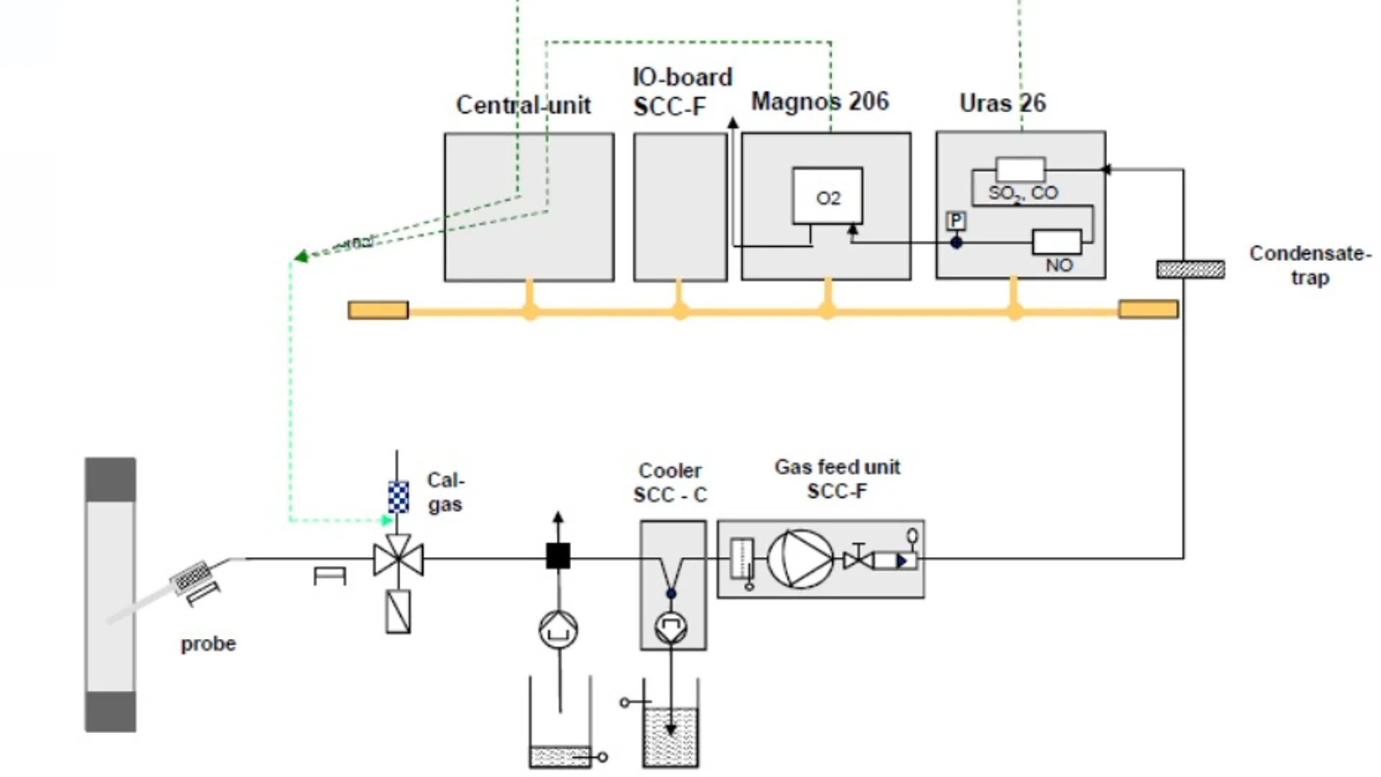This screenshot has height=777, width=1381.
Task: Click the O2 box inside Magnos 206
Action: coord(827,196)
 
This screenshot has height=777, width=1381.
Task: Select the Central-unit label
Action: coord(523,105)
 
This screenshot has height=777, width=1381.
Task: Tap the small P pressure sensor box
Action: coord(956,220)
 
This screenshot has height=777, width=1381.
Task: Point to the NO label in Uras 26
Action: coord(1059,265)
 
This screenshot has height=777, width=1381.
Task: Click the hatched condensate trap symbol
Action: coord(1190,269)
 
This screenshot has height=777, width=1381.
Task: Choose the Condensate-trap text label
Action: coord(1310,265)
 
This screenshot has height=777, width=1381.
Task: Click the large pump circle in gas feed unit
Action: coord(800,559)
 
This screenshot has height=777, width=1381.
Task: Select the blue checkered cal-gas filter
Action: coord(398,497)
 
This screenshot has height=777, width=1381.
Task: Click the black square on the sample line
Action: coord(558,556)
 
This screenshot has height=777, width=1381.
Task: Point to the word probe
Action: coord(208,643)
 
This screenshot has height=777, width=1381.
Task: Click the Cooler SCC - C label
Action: coord(670,483)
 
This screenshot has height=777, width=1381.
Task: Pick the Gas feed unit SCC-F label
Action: coord(837,479)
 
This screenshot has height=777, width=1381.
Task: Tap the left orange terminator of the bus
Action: coord(378,310)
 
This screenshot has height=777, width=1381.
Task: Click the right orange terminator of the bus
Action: coord(1148,309)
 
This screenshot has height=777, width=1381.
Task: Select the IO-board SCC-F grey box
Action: coord(680,206)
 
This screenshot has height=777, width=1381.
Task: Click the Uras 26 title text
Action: coord(1002,103)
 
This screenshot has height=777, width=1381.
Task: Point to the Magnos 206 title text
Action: coord(820,101)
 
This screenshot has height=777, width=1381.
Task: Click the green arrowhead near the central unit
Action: coord(301,256)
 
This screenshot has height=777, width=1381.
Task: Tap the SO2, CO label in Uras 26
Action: coord(1023,193)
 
